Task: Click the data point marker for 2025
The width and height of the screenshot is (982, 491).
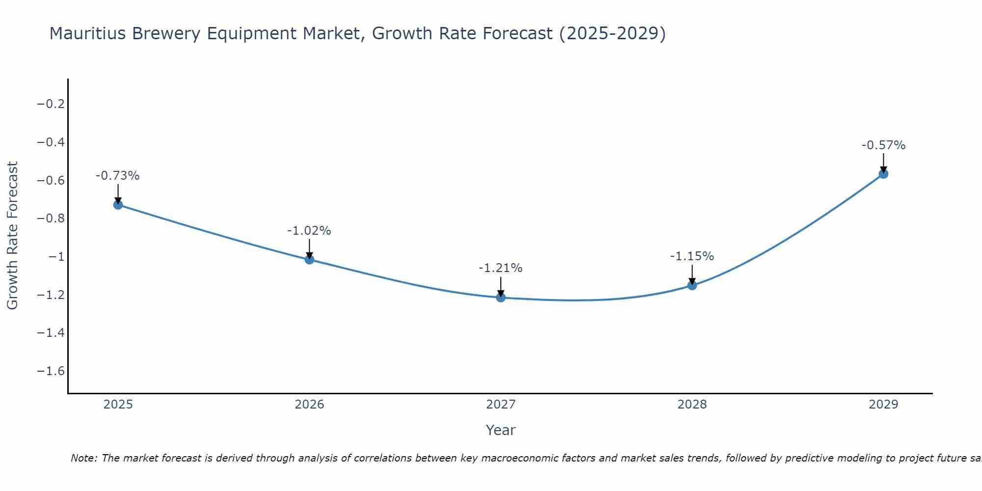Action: (118, 204)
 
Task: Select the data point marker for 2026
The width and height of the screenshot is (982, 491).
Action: (309, 259)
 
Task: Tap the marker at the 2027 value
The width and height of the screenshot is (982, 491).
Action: (501, 297)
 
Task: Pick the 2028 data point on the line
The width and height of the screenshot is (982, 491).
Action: (692, 285)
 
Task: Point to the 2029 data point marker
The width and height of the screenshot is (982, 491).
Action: (883, 173)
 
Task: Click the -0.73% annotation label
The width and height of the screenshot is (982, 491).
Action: (117, 176)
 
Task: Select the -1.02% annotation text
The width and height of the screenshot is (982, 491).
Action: (309, 231)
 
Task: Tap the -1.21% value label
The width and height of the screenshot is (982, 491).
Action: (500, 268)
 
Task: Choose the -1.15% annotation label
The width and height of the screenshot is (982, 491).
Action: (692, 256)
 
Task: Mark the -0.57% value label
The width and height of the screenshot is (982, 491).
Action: (883, 145)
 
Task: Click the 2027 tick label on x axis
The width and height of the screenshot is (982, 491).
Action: (501, 405)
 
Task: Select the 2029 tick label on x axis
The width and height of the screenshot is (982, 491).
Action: (883, 405)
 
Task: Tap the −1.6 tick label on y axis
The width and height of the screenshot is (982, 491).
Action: (51, 371)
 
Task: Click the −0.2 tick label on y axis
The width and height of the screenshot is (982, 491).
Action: (51, 104)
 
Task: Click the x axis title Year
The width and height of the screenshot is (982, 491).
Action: (500, 431)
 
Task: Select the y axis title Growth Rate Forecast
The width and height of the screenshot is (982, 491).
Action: (12, 236)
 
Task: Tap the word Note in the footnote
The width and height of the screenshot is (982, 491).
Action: (84, 459)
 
